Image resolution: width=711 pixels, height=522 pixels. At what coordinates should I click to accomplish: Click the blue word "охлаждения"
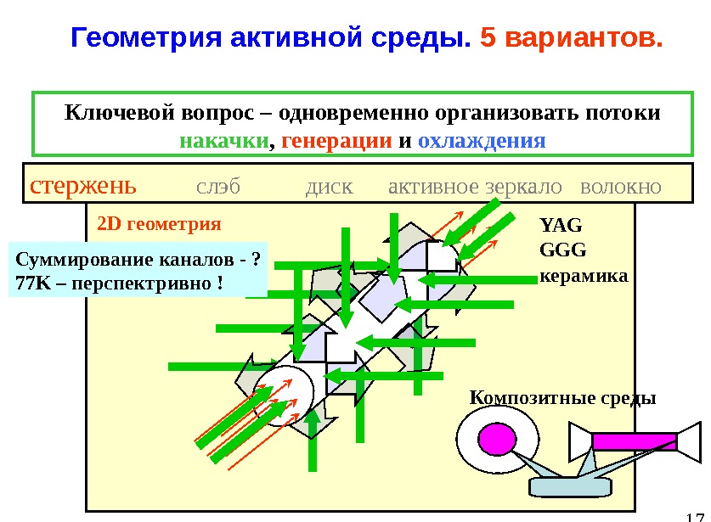click(x=482, y=140)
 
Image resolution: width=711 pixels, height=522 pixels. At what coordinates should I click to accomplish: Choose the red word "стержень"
click(x=82, y=186)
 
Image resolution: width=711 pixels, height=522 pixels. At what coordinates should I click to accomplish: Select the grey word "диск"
click(x=329, y=186)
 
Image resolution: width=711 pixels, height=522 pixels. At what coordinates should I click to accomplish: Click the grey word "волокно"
click(x=619, y=186)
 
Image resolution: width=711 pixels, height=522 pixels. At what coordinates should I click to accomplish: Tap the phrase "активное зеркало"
click(x=475, y=186)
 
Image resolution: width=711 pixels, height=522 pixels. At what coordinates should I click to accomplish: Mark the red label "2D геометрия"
click(x=159, y=225)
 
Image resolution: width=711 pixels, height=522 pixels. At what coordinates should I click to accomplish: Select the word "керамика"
click(x=583, y=276)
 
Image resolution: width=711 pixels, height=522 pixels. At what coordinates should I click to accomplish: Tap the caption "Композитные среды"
click(x=562, y=397)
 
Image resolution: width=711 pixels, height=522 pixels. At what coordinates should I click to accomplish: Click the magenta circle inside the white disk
click(x=496, y=439)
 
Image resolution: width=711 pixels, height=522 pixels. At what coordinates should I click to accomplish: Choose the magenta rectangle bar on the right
click(x=633, y=441)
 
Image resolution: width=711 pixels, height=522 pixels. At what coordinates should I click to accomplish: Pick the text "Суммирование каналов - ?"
click(x=137, y=259)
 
